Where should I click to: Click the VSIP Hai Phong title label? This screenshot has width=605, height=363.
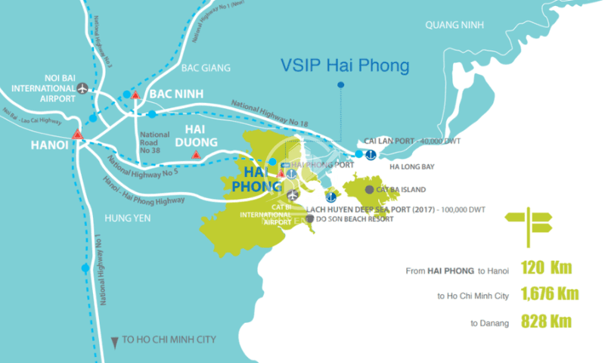coord(343,66)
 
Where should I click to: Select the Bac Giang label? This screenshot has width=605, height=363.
coord(205,68)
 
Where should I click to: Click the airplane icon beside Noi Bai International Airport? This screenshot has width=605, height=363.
coord(83,88)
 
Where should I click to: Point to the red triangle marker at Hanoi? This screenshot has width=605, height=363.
coord(77,135)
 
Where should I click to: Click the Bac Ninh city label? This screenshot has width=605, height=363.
coord(175,95)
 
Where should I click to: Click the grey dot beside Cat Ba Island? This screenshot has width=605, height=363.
coord(369,190)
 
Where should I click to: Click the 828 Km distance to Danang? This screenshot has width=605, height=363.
coord(546,322)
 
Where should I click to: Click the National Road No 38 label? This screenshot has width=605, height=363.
coord(155,141)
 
